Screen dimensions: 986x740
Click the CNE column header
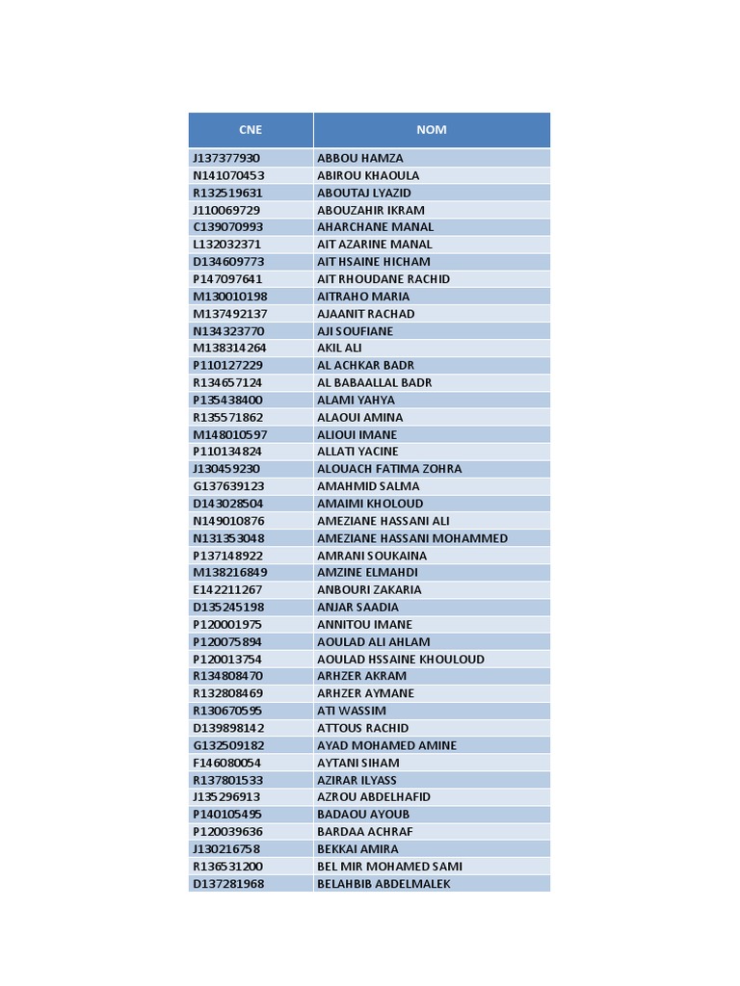251,130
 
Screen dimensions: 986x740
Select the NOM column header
431,130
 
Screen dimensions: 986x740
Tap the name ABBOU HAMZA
360,158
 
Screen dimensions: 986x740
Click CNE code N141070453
228,175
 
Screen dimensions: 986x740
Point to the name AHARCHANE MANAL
376,227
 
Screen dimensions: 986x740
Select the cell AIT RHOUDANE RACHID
383,279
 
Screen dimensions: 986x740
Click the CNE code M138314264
229,349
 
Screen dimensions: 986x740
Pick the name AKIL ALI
339,349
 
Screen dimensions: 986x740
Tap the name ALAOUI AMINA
360,418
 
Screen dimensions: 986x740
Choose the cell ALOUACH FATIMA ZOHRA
389,469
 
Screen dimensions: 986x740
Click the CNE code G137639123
228,486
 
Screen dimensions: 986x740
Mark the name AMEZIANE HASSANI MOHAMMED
412,538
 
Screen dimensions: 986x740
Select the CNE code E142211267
227,590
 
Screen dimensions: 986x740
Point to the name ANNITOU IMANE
364,625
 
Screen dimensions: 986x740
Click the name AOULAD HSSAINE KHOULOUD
401,660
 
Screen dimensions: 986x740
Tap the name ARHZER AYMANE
365,693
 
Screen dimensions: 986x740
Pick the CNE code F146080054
227,763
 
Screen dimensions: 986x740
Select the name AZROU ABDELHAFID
374,797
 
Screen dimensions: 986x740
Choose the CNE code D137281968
228,884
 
